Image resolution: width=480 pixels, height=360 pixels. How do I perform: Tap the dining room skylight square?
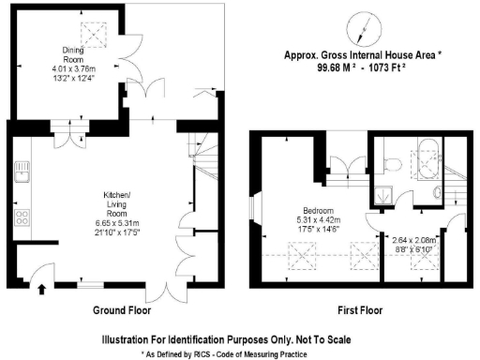coord(94,35)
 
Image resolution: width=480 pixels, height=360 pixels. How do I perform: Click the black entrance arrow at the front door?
coord(39,289)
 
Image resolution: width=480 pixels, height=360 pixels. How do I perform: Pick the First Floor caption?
coord(360,309)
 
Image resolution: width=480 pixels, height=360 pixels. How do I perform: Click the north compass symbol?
coord(365,24)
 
